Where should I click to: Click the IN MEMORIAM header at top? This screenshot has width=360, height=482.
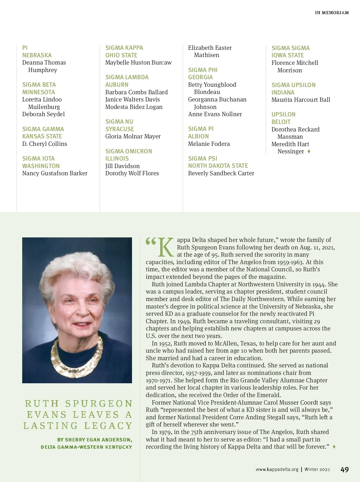click(332, 13)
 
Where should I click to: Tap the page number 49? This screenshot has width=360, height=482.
click(345, 469)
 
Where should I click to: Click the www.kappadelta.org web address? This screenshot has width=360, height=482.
click(277, 469)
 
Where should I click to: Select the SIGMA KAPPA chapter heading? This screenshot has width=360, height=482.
click(124, 48)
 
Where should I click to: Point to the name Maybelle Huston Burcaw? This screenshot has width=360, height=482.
click(138, 62)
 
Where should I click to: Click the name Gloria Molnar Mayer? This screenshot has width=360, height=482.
click(133, 136)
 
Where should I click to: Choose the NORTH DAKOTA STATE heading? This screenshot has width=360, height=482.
click(218, 166)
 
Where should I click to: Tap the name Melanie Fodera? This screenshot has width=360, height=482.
click(209, 144)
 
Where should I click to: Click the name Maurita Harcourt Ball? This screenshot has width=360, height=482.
click(301, 100)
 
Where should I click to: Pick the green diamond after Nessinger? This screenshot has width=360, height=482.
click(309, 151)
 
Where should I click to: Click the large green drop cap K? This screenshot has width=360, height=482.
click(166, 247)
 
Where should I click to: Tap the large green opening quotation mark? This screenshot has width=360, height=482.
click(151, 241)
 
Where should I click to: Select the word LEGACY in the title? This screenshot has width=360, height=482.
click(108, 426)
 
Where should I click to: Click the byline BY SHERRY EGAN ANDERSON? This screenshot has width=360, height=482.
click(94, 440)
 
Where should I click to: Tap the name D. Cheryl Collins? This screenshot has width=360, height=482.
click(45, 144)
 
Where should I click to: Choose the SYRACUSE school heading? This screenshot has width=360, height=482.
click(119, 129)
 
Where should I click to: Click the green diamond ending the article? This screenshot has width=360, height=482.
click(334, 447)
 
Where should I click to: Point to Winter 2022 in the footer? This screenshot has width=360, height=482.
click(317, 469)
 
